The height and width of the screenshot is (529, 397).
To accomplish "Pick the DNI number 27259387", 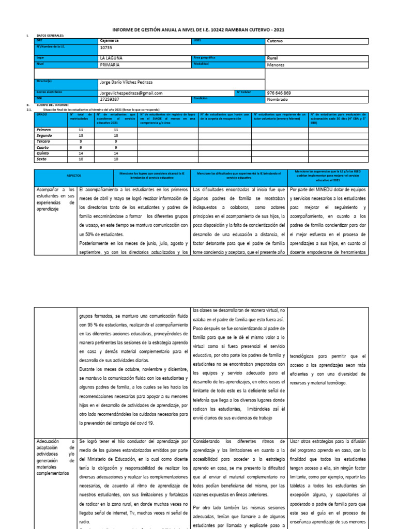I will pos(109,99).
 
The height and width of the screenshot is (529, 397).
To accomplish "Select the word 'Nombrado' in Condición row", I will pos(278,99).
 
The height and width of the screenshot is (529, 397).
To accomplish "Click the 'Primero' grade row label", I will pos(44,130).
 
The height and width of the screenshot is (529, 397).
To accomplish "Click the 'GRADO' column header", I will pos(41,113).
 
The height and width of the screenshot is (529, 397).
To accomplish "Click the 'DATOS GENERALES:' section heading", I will pos(50,36).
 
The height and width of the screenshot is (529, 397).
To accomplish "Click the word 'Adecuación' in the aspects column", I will pos(49,441).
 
